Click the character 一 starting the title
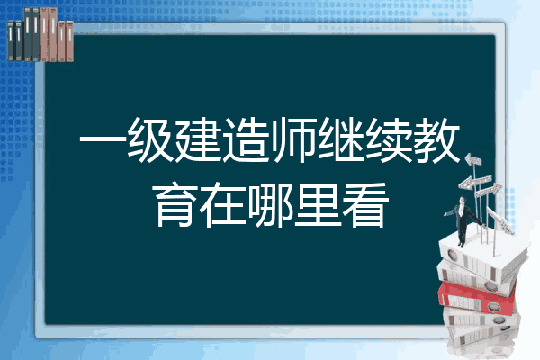(102, 139)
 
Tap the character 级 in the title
(149, 139)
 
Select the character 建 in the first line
(197, 139)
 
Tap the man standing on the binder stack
(463, 220)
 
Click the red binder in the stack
(477, 298)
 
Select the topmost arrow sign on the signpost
(473, 160)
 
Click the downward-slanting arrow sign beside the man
(500, 220)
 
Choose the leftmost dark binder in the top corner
(11, 40)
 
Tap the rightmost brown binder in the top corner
(69, 41)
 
